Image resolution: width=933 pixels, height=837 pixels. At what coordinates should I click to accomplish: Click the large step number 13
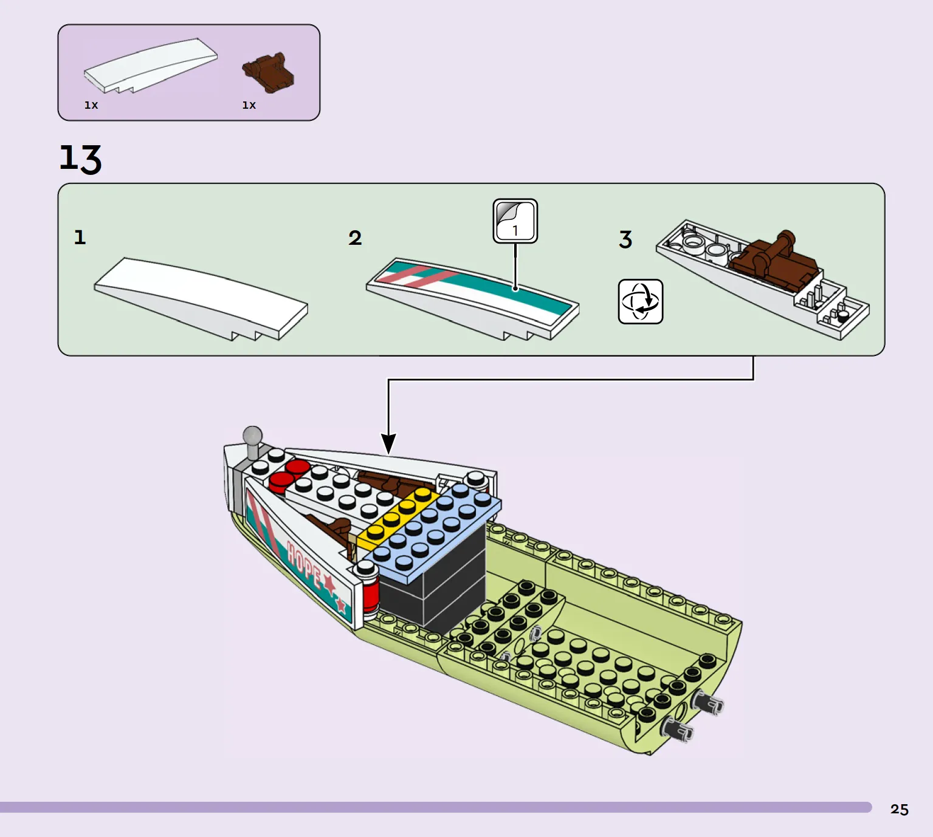pyautogui.click(x=80, y=159)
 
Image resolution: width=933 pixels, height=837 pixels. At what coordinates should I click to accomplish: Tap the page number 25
pyautogui.click(x=899, y=809)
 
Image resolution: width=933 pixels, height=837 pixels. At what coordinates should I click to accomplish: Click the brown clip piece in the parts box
pyautogui.click(x=269, y=72)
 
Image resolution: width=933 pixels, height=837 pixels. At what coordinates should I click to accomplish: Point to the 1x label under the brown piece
pyautogui.click(x=249, y=105)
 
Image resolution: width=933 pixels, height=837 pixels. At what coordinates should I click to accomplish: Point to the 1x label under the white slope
pyautogui.click(x=91, y=105)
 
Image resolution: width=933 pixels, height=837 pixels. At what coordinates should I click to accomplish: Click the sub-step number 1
pyautogui.click(x=80, y=237)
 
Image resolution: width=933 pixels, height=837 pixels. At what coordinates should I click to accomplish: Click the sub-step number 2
pyautogui.click(x=355, y=237)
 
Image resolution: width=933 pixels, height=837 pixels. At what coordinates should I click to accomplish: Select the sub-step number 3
pyautogui.click(x=625, y=239)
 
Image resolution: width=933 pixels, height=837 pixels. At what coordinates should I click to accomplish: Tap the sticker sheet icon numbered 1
pyautogui.click(x=515, y=221)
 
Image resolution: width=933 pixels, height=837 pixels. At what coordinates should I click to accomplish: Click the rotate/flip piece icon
pyautogui.click(x=640, y=301)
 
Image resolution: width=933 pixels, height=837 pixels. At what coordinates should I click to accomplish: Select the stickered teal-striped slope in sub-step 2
pyautogui.click(x=474, y=295)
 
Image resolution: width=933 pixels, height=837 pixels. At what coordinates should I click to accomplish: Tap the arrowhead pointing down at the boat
pyautogui.click(x=388, y=443)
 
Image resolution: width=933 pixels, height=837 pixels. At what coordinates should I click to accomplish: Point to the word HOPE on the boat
pyautogui.click(x=304, y=565)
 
